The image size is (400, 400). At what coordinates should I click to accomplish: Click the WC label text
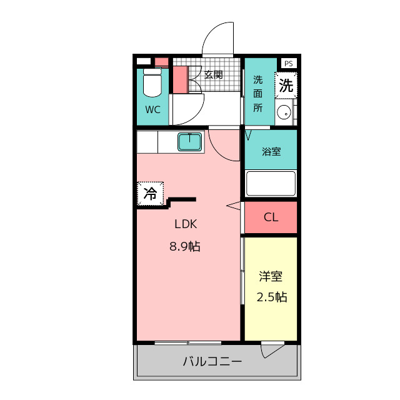click(153, 109)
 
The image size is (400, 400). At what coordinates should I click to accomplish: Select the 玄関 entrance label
click(214, 74)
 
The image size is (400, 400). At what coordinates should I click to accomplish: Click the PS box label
click(287, 63)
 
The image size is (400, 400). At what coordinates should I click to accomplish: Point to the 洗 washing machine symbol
click(286, 86)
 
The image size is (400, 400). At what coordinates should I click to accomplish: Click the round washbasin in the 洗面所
click(284, 113)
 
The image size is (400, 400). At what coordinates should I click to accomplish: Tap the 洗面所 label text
click(258, 93)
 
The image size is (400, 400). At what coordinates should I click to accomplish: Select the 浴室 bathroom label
click(271, 151)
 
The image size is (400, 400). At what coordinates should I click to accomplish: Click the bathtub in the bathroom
click(271, 184)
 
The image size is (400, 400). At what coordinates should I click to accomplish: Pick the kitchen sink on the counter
click(189, 142)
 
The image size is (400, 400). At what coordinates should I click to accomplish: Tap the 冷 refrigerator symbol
click(150, 193)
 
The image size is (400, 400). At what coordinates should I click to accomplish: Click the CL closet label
click(271, 217)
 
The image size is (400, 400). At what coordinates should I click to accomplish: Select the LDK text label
click(186, 224)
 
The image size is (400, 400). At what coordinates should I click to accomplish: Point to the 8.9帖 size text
click(185, 246)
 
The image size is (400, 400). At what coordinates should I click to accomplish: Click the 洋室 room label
click(271, 276)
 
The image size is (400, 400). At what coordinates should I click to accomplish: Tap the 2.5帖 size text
click(271, 297)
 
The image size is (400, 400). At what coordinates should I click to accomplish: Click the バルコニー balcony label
click(212, 361)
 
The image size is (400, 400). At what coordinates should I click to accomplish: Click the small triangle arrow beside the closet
click(234, 206)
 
